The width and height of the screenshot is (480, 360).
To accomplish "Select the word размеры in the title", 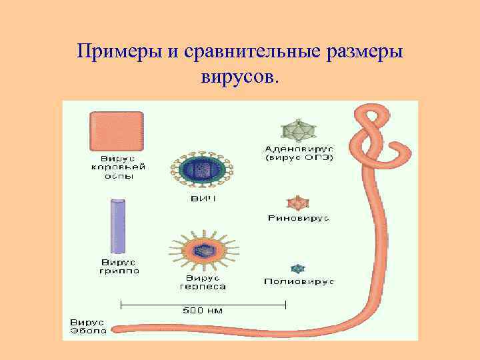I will (x=365, y=51).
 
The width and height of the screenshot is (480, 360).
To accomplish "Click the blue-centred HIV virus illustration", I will (x=201, y=170).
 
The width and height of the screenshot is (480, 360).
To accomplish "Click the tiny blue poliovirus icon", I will (x=298, y=268).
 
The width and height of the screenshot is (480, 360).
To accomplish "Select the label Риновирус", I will (x=298, y=218).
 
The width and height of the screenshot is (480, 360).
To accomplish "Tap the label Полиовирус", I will (x=299, y=282).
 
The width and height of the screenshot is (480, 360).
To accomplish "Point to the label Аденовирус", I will (x=299, y=147).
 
